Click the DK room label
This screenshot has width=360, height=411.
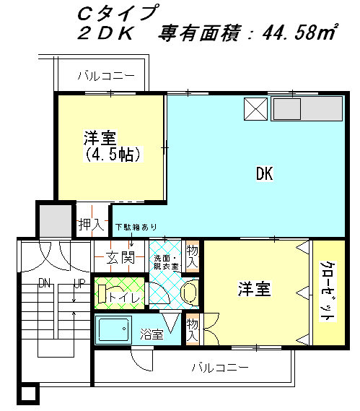[x=265, y=173]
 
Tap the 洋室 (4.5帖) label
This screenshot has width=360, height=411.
[x=113, y=146]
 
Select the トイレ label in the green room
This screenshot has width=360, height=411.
[x=124, y=297]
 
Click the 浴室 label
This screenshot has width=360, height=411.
[x=152, y=334]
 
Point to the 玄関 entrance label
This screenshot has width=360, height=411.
[x=120, y=257]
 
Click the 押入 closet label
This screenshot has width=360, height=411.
[x=92, y=225]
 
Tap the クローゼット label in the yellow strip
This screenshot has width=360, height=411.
[x=328, y=291]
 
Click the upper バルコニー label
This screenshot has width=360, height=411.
[x=106, y=76]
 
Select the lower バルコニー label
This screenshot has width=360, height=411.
[x=220, y=368]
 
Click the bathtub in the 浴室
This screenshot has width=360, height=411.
[x=113, y=329]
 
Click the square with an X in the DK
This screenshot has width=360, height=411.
[x=256, y=109]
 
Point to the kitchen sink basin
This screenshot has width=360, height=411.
[x=287, y=109]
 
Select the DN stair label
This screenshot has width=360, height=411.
[x=45, y=283]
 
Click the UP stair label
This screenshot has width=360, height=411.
[x=79, y=283]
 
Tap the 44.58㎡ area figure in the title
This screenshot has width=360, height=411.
[x=300, y=32]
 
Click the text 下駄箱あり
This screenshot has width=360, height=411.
[x=136, y=227]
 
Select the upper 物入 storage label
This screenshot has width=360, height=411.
[x=192, y=256]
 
